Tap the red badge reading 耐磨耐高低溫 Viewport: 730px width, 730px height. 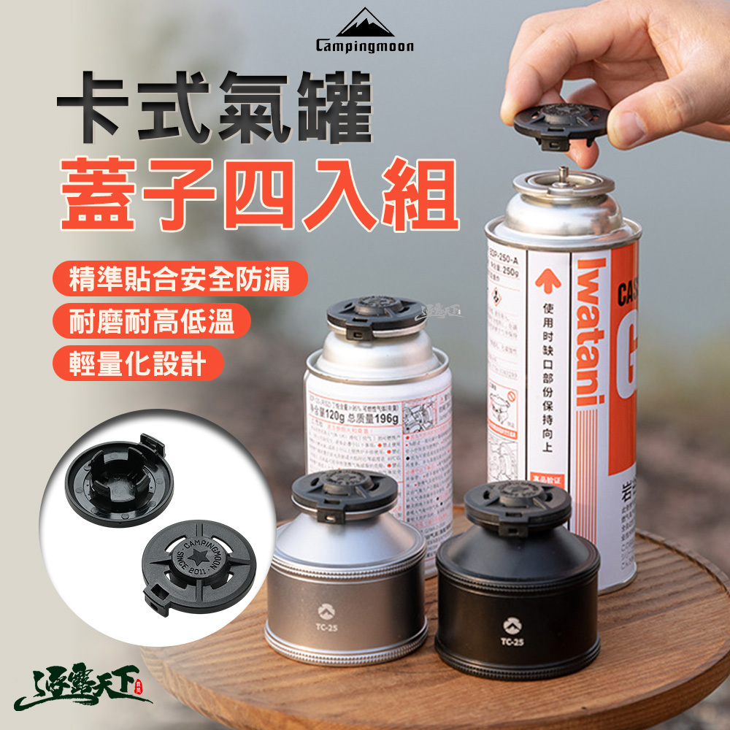(152, 322)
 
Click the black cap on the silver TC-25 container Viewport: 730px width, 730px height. (344, 490)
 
